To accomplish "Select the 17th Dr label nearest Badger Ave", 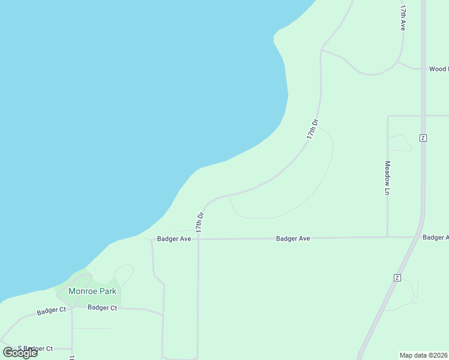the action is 200,222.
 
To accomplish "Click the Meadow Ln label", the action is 388,178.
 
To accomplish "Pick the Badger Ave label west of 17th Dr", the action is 173,239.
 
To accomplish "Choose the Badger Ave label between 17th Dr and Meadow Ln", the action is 293,239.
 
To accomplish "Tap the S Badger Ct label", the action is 35,349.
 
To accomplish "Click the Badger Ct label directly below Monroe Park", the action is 102,307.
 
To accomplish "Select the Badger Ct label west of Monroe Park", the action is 51,311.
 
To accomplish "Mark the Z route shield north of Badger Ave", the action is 423,137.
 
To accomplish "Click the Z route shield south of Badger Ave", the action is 397,277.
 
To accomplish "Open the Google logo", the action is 20,353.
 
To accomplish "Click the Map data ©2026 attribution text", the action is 424,355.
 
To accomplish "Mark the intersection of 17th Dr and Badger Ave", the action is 198,239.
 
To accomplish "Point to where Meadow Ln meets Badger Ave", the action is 388,237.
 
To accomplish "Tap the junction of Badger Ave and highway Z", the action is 418,237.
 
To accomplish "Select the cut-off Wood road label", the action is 438,69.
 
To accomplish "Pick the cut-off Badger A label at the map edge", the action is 435,238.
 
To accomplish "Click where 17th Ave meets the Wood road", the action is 398,62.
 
